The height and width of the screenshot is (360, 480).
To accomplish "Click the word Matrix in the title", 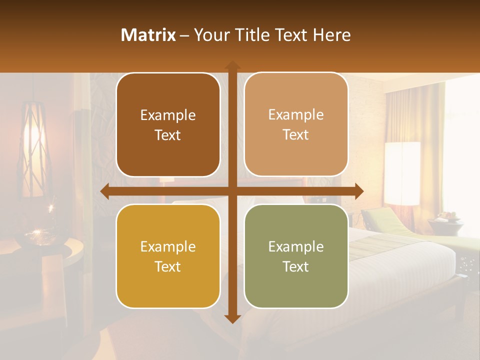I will click(148, 35).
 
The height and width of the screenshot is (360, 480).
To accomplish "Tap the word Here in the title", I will click(332, 35).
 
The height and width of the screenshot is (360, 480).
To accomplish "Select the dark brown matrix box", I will click(168, 124).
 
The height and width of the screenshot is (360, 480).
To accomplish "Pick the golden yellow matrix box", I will click(168, 256).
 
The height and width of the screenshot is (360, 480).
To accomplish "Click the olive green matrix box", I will click(296, 256).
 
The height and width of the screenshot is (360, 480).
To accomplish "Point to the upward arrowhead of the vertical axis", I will click(232, 64).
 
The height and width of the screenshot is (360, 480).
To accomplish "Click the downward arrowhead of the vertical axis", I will click(232, 319).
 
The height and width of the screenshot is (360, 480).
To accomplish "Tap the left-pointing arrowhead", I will click(104, 191).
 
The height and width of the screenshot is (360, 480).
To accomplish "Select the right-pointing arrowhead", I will click(359, 191).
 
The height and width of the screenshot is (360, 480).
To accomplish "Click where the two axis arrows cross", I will click(232, 191).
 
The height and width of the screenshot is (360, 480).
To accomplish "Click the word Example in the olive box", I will click(296, 246).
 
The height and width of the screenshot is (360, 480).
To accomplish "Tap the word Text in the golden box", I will click(168, 266).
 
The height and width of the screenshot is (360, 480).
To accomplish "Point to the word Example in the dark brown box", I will click(168, 115).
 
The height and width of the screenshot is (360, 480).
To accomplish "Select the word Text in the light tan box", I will click(296, 135).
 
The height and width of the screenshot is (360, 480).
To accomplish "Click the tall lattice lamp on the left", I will click(36, 150).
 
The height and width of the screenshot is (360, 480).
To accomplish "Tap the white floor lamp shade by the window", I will click(402, 173).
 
